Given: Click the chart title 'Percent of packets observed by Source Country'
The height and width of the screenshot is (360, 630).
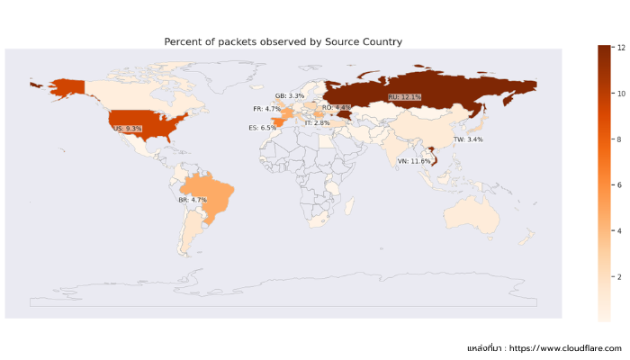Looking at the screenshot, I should pyautogui.click(x=283, y=42).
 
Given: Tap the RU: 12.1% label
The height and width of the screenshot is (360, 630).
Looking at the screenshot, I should pyautogui.click(x=404, y=96).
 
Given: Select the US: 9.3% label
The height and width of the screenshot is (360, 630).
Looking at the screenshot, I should pyautogui.click(x=127, y=129).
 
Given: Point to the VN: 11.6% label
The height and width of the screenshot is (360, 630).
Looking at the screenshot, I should pyautogui.click(x=414, y=161).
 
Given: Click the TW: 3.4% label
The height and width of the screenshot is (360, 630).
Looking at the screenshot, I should pyautogui.click(x=468, y=139).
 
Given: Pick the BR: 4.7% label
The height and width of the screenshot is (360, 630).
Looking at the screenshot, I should pyautogui.click(x=193, y=200).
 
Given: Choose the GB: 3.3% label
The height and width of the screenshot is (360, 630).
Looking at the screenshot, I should pyautogui.click(x=290, y=95).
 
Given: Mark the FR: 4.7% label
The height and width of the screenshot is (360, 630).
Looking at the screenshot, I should pyautogui.click(x=267, y=109).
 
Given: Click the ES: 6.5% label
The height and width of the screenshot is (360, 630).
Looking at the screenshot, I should pyautogui.click(x=263, y=128).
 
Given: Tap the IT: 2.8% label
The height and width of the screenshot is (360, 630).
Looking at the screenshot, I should pyautogui.click(x=317, y=122).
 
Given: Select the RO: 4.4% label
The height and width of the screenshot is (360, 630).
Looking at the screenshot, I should pyautogui.click(x=336, y=107).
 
